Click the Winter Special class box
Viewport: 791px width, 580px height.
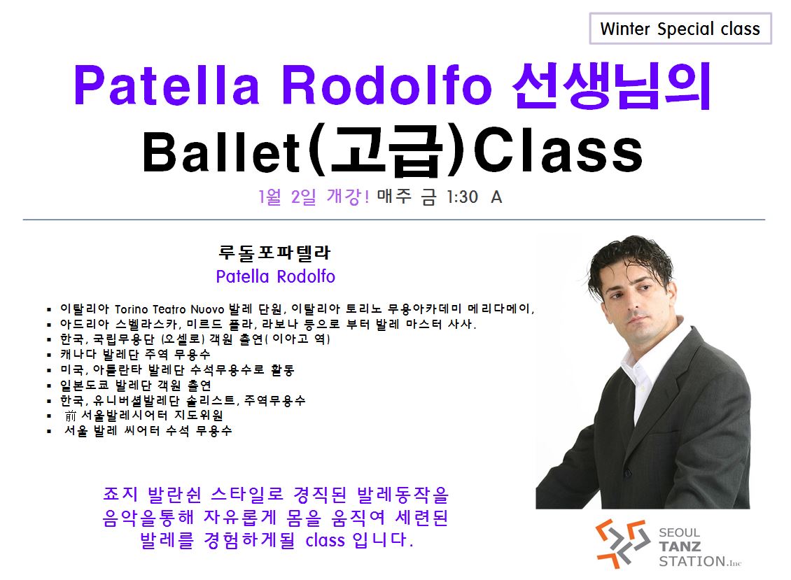coord(680,29)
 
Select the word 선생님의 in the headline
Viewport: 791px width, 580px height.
coord(612,86)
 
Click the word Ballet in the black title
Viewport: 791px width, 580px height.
coord(221,151)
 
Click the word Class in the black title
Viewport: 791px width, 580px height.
coord(558,150)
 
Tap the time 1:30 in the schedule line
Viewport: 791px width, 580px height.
coord(462,197)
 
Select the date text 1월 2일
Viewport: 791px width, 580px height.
coord(287,197)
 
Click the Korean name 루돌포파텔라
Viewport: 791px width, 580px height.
coord(275,252)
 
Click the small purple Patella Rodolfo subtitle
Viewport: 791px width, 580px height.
coord(275,276)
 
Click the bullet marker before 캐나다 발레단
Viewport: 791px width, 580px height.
coord(49,355)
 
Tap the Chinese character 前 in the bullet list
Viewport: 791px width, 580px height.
coord(70,416)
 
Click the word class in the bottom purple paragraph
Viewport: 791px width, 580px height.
coord(325,540)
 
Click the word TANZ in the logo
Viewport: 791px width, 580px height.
coord(680,546)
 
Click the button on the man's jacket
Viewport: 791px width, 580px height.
coord(628,472)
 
